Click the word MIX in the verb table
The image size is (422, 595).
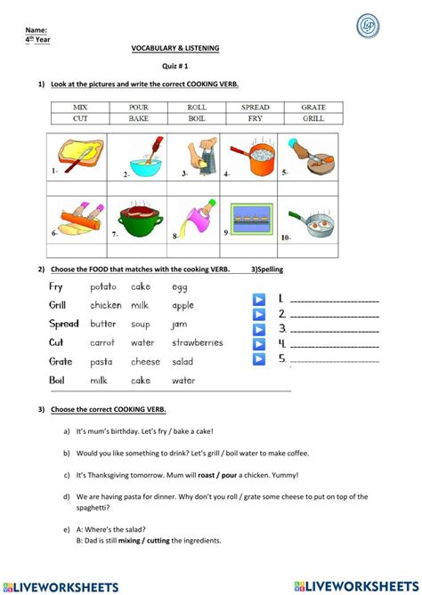(80, 107)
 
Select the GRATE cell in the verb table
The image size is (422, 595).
(312, 107)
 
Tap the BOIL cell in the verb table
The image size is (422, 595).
(197, 118)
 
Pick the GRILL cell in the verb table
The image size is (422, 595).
(312, 118)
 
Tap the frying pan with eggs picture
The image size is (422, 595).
(311, 221)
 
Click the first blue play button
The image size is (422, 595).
(259, 299)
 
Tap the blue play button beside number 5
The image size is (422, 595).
(259, 359)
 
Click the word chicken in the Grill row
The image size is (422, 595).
(106, 305)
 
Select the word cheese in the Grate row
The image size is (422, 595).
(146, 361)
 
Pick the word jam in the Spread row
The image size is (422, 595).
(180, 324)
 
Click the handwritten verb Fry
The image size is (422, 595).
(56, 286)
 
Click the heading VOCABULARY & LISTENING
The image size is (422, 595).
(175, 47)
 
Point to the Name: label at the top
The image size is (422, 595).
(37, 30)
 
